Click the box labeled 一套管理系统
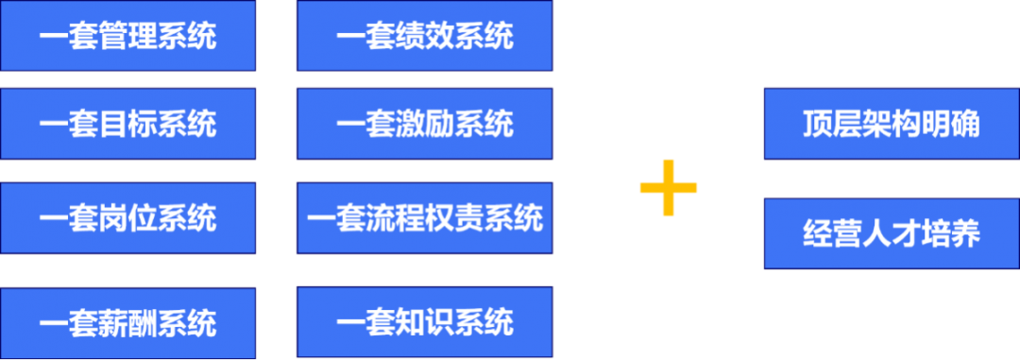(127, 35)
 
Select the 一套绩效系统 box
(425, 35)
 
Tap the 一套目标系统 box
(127, 124)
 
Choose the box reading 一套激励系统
(425, 124)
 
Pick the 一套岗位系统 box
(127, 218)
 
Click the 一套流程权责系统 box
(425, 218)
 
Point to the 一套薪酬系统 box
(127, 323)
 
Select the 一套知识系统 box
(425, 322)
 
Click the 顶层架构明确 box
(892, 124)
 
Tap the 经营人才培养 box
(892, 233)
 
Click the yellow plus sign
(668, 187)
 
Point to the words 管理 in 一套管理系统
(127, 37)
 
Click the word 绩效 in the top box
(425, 37)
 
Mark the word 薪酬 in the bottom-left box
(127, 324)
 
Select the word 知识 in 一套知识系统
(425, 323)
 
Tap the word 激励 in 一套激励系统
(425, 125)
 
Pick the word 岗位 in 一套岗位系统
(127, 218)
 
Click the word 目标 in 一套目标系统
(127, 125)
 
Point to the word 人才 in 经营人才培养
(892, 234)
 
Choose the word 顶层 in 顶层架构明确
(833, 125)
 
